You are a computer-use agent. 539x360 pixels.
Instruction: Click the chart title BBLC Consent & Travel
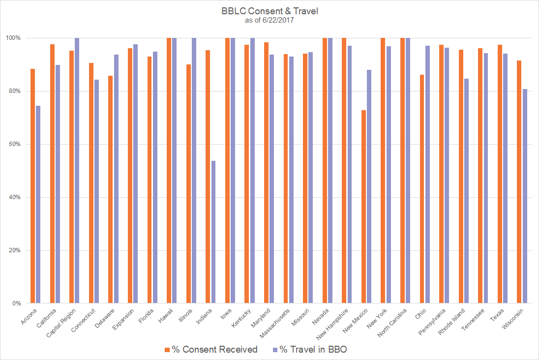pos(269,11)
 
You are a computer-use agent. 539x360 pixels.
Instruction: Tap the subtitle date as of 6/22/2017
pos(269,20)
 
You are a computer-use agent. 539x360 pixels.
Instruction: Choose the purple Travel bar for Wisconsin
pos(525,196)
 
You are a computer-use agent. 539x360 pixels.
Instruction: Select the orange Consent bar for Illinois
pos(189,184)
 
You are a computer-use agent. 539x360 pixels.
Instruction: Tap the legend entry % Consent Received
pos(211,350)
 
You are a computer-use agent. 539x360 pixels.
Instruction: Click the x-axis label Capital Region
pos(63,323)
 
